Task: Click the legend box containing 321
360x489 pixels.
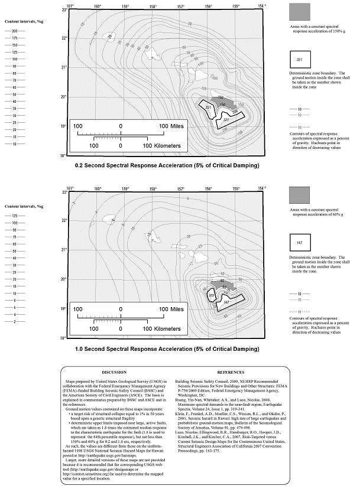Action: [300, 60]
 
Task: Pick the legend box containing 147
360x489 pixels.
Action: [300, 243]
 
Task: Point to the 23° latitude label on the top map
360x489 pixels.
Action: [65, 10]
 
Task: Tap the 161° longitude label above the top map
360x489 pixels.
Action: [70, 5]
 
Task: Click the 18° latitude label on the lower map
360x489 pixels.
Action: [65, 338]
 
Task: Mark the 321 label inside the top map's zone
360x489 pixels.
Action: [225, 120]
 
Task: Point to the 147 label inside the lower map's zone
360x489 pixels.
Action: [225, 302]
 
